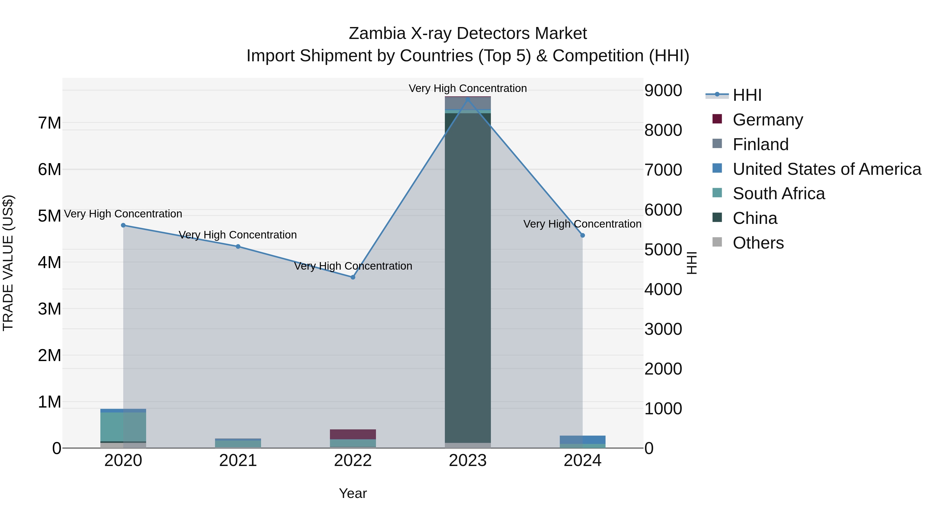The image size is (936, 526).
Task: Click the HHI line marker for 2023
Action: (x=468, y=99)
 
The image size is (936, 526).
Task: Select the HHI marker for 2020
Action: (x=123, y=225)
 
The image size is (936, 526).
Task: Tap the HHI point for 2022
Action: (x=353, y=277)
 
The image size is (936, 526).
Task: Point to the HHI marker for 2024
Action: (x=582, y=235)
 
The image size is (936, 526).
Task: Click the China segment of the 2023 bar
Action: (x=468, y=276)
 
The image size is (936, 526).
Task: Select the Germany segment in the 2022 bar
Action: (x=353, y=434)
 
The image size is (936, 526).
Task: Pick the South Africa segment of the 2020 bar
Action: (x=123, y=427)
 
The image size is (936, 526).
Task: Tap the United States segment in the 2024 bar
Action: (x=582, y=440)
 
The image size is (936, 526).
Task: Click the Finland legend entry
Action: (x=760, y=144)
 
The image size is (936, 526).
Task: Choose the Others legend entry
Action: (x=758, y=243)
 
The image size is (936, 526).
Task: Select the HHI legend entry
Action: (x=747, y=95)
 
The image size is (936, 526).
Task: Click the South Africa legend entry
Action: (x=778, y=194)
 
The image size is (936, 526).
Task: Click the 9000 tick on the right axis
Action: (x=663, y=90)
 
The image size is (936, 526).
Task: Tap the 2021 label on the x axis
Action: (x=238, y=461)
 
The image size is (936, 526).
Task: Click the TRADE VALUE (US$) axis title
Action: (x=8, y=263)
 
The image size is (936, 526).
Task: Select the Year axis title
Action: (x=353, y=493)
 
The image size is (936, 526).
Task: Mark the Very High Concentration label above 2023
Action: (x=468, y=88)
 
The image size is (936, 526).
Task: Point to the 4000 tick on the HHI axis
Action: (x=663, y=289)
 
